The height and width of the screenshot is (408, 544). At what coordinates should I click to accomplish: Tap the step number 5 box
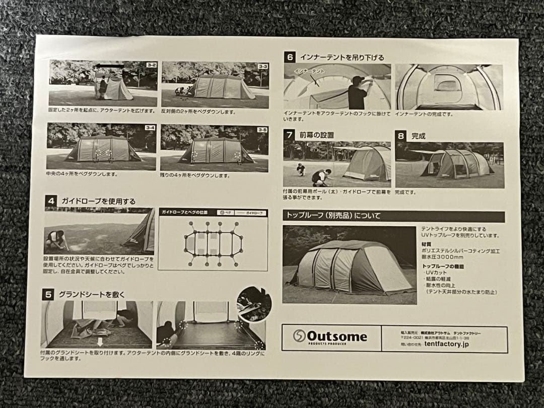pyautogui.click(x=48, y=294)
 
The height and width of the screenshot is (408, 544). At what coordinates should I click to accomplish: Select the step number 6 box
pyautogui.click(x=289, y=57)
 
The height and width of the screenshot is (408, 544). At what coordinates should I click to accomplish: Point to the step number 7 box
pyautogui.click(x=289, y=135)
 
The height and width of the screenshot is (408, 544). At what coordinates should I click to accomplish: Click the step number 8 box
pyautogui.click(x=400, y=135)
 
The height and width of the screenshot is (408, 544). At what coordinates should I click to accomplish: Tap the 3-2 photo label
pyautogui.click(x=151, y=65)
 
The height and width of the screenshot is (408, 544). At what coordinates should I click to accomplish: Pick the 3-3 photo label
pyautogui.click(x=263, y=66)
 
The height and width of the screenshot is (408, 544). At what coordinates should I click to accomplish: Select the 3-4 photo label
pyautogui.click(x=150, y=127)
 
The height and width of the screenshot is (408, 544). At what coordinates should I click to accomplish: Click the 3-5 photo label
pyautogui.click(x=262, y=129)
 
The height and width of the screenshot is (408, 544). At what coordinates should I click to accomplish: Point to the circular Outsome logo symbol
pyautogui.click(x=299, y=336)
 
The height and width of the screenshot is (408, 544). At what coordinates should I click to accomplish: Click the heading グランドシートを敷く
pyautogui.click(x=92, y=294)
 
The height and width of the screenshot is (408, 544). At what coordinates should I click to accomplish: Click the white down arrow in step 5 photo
pyautogui.click(x=100, y=341)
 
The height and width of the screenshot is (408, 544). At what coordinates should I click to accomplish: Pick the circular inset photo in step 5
pyautogui.click(x=254, y=304)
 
